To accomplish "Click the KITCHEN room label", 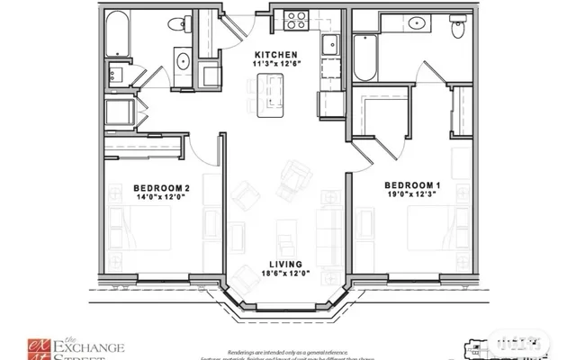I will (276, 53).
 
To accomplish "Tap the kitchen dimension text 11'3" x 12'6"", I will (276, 63).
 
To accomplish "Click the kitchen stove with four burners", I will (295, 18).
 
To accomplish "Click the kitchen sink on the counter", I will (330, 43).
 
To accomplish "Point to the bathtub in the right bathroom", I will (364, 56).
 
